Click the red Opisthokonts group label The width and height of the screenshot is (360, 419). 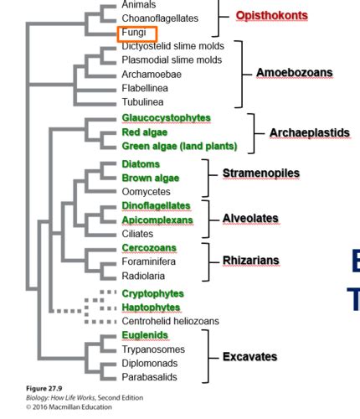272,16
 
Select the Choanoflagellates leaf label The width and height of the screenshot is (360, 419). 160,18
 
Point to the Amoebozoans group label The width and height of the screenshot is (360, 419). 295,73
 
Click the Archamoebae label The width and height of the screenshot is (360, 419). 152,75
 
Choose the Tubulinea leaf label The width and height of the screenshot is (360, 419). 142,102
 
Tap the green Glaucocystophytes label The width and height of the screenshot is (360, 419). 166,118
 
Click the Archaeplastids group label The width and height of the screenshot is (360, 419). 310,133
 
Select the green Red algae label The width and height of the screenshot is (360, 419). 145,132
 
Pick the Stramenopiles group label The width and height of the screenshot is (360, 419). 261,173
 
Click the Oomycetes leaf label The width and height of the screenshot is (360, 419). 146,192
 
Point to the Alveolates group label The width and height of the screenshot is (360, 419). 250,219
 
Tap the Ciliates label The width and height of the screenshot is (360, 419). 137,234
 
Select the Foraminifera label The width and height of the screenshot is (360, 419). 149,261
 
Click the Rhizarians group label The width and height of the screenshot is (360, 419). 251,261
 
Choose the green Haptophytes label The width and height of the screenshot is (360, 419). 151,308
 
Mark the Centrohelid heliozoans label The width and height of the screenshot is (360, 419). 170,321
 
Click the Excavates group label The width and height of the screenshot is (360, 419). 249,357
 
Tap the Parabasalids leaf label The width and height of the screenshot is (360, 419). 149,377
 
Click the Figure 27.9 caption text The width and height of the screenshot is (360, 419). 44,389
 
